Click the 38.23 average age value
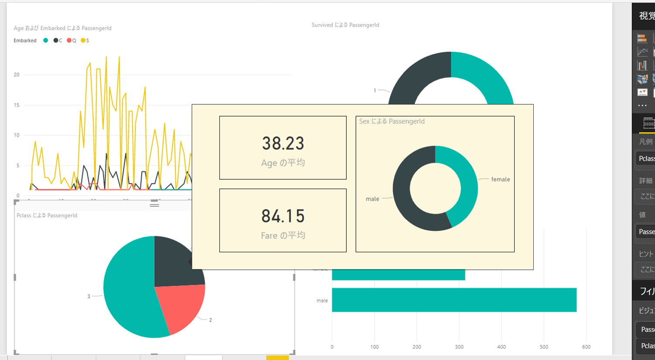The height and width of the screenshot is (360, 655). pyautogui.click(x=283, y=143)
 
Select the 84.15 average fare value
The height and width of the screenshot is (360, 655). pyautogui.click(x=283, y=216)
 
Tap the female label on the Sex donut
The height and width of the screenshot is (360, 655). pyautogui.click(x=500, y=179)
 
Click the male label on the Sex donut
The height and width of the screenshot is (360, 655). pyautogui.click(x=372, y=199)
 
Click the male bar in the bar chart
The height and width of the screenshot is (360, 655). pyautogui.click(x=454, y=300)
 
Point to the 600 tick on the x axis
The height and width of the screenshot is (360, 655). pyautogui.click(x=586, y=347)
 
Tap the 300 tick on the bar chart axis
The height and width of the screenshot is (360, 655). pyautogui.click(x=459, y=347)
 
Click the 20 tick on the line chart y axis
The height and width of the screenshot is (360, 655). pyautogui.click(x=17, y=75)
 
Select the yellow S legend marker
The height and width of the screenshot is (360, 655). pyautogui.click(x=83, y=41)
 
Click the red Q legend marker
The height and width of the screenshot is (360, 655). pyautogui.click(x=69, y=41)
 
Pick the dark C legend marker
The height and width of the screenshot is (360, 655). pyautogui.click(x=56, y=41)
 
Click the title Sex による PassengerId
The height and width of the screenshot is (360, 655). pyautogui.click(x=392, y=121)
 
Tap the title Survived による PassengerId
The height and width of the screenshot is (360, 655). pyautogui.click(x=345, y=25)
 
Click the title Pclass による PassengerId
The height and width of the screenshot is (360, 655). pyautogui.click(x=47, y=216)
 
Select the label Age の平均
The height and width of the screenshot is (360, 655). pyautogui.click(x=283, y=163)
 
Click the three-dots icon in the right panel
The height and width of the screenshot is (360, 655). pyautogui.click(x=642, y=106)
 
